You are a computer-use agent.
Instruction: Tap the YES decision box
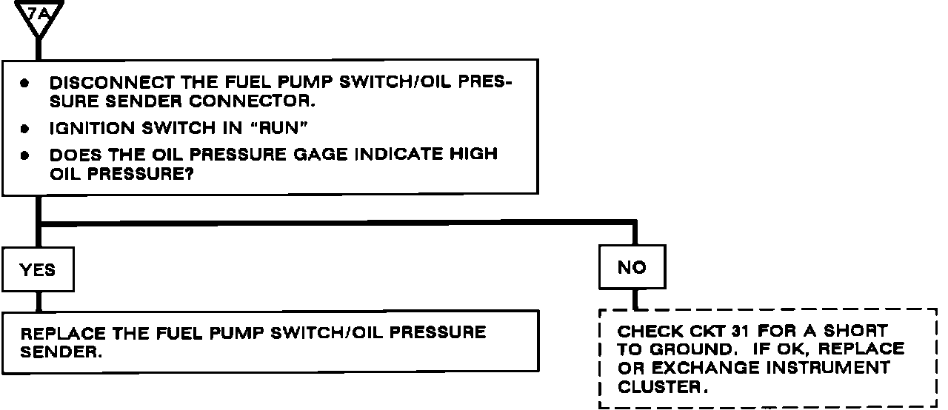click(x=38, y=269)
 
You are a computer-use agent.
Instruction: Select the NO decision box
click(x=632, y=267)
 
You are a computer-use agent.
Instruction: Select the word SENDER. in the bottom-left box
click(x=60, y=352)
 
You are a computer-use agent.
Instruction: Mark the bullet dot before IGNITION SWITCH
click(x=24, y=129)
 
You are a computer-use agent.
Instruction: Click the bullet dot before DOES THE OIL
click(x=24, y=156)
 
